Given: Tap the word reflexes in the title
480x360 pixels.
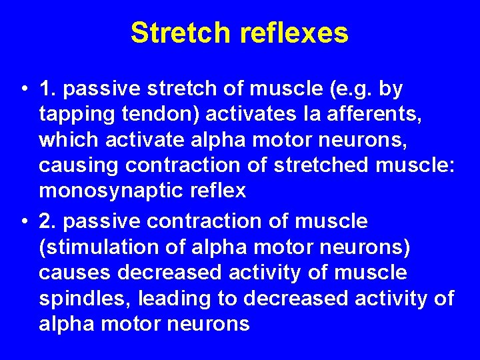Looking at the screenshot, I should pos(296,33).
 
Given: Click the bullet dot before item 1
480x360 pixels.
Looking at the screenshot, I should pos(23,89).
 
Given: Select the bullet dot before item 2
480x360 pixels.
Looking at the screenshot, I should pos(23,221).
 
